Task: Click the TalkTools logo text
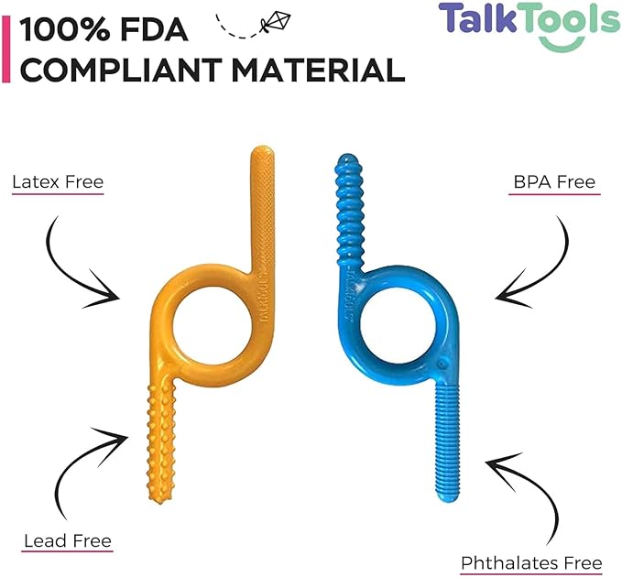(x=529, y=18)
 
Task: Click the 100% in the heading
(x=65, y=29)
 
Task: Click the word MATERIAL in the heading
(x=318, y=70)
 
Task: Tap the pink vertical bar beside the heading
(x=5, y=49)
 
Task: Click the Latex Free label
(x=58, y=182)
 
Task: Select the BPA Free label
(x=554, y=182)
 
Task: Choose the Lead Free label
(x=68, y=541)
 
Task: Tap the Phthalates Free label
(x=531, y=563)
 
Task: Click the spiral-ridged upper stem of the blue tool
(x=349, y=210)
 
